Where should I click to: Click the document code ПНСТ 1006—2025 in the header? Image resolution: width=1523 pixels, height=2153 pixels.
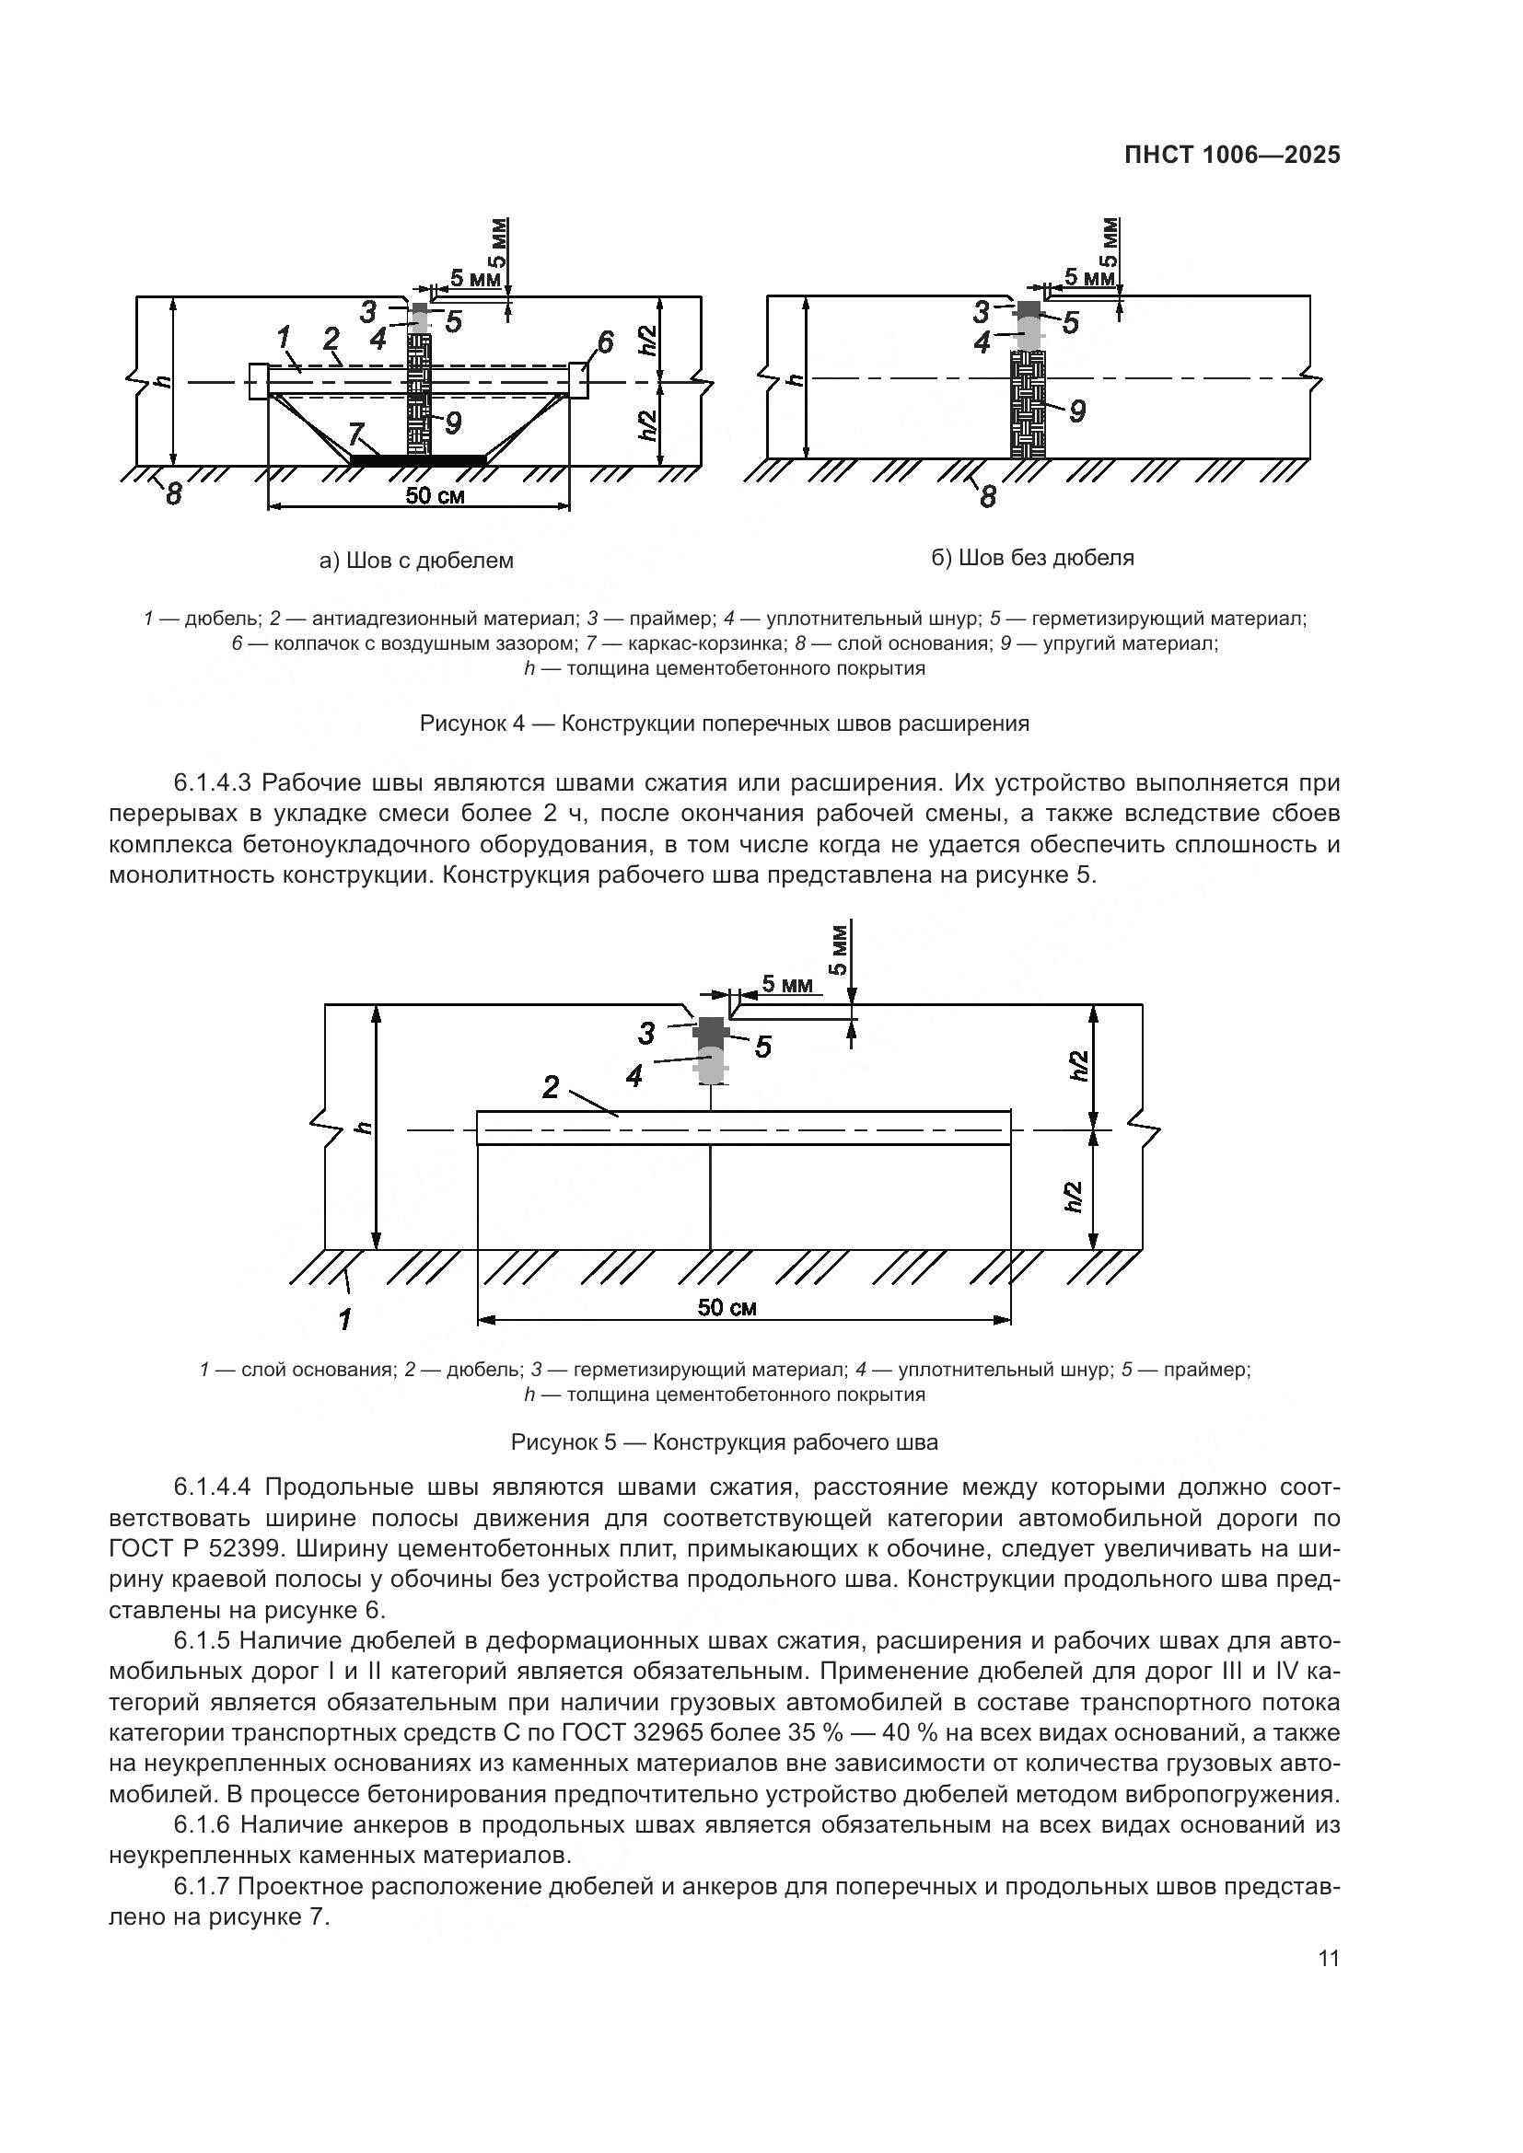1231,156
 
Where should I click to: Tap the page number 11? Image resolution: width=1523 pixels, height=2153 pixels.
1328,1959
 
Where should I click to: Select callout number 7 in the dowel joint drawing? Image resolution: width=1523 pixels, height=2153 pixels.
355,434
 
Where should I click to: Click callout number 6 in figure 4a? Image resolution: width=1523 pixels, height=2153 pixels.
605,342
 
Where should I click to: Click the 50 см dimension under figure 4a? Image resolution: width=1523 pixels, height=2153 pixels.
435,496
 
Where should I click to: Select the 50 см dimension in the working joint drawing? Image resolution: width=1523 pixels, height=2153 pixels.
727,1307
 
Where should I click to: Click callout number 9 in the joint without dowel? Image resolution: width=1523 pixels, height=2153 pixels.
1076,411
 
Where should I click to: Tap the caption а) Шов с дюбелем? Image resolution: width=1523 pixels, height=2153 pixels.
416,561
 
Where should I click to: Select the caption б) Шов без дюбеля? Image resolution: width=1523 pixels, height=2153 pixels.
1032,558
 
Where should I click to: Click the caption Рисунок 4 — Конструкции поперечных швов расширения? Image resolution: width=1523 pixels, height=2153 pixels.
724,723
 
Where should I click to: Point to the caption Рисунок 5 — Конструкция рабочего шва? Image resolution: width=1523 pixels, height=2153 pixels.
724,1442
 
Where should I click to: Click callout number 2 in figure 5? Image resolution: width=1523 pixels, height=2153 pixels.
551,1087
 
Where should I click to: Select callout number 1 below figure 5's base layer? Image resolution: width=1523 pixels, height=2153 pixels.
344,1319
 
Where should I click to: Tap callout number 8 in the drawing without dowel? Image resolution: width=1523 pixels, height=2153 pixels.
986,496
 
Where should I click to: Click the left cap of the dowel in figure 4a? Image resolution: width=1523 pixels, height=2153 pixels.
259,382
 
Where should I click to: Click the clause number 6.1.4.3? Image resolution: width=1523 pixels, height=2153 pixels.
213,783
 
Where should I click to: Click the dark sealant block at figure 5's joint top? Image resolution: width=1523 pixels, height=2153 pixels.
713,1030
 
